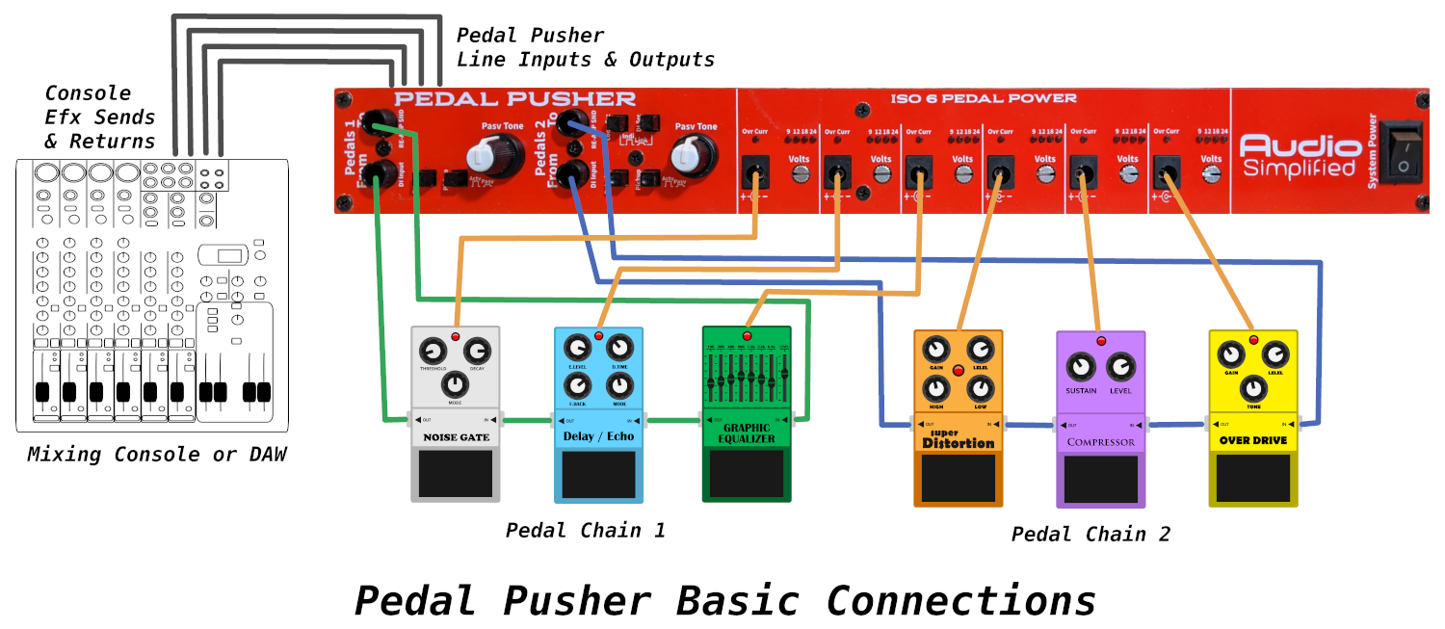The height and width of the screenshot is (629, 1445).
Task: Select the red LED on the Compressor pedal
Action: click(x=1101, y=342)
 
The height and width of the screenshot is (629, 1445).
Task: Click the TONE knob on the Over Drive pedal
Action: click(x=1252, y=387)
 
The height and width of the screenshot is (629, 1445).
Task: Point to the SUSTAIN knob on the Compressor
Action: click(x=1081, y=367)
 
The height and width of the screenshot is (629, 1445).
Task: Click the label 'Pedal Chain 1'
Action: click(x=585, y=530)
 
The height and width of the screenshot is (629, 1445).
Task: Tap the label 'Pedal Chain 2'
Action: click(x=1090, y=534)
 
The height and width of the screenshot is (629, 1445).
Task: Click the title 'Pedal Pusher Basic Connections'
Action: click(x=724, y=600)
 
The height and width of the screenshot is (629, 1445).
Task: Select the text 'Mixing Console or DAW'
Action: click(x=156, y=454)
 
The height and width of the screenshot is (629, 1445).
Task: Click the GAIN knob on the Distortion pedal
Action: click(x=934, y=349)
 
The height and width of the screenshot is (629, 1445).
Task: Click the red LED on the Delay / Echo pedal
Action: click(x=598, y=336)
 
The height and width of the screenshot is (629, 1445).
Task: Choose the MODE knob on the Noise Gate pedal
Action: click(x=455, y=384)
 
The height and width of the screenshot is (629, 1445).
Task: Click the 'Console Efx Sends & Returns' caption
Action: click(x=99, y=117)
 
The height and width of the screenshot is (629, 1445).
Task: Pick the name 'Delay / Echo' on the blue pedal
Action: click(x=598, y=437)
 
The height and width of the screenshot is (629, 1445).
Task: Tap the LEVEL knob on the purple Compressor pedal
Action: click(x=1120, y=367)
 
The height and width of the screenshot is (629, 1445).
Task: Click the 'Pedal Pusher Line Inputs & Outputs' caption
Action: click(x=585, y=47)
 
